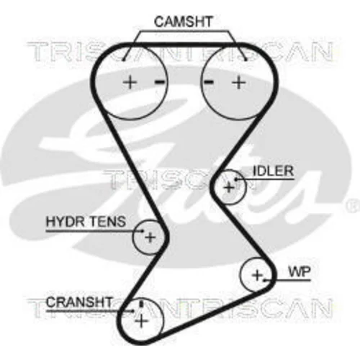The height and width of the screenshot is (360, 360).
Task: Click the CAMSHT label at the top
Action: pyautogui.click(x=183, y=22)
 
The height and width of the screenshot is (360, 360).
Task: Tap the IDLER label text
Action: pyautogui.click(x=274, y=171)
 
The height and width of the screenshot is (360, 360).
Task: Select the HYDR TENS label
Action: pyautogui.click(x=86, y=222)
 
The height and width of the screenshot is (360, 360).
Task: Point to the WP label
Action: pyautogui.click(x=300, y=272)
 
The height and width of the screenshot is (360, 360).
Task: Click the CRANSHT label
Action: pyautogui.click(x=79, y=302)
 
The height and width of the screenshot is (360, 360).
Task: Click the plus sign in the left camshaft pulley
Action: pyautogui.click(x=130, y=82)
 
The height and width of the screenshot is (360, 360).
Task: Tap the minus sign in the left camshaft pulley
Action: pyautogui.click(x=160, y=82)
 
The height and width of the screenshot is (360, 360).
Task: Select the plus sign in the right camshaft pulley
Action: pyautogui.click(x=239, y=82)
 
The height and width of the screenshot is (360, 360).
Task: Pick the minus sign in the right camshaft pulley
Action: pyautogui.click(x=209, y=82)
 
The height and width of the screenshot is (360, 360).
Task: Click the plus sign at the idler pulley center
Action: pyautogui.click(x=229, y=187)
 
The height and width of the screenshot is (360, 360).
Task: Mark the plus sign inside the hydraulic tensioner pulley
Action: pyautogui.click(x=150, y=238)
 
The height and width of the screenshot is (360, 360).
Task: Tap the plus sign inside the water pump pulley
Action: pyautogui.click(x=257, y=275)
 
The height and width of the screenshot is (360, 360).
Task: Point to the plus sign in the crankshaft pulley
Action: pyautogui.click(x=142, y=321)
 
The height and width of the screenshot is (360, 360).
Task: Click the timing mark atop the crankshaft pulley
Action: pyautogui.click(x=141, y=304)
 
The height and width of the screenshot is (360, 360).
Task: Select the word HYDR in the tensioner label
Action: pyautogui.click(x=63, y=222)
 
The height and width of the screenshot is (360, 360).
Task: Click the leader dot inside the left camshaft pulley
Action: pyautogui.click(x=123, y=60)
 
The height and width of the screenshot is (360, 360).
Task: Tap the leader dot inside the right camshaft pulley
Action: pyautogui.click(x=246, y=60)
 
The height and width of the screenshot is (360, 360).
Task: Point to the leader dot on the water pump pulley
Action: pyautogui.click(x=264, y=280)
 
